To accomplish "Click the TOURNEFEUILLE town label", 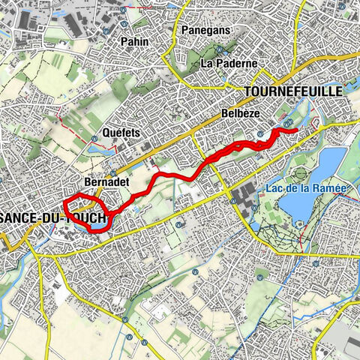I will (x=293, y=91).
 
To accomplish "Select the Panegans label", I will (x=206, y=30).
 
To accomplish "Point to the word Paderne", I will (x=238, y=64).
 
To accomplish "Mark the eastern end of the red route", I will (x=296, y=131).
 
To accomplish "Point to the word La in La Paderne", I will (x=208, y=64).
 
